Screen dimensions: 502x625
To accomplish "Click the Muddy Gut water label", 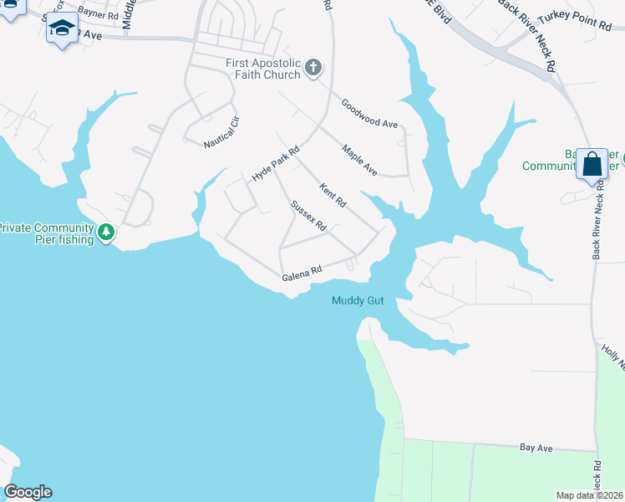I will (x=358, y=301).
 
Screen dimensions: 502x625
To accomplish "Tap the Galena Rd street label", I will (x=302, y=274).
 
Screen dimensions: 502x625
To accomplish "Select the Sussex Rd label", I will (x=307, y=216).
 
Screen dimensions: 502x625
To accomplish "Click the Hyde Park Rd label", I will (x=276, y=165).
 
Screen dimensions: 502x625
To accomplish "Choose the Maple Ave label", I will (x=359, y=161).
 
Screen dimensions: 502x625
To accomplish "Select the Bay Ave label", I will (x=536, y=448).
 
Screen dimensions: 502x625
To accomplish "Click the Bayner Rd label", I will (x=98, y=15).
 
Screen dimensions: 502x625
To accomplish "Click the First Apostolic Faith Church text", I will (x=263, y=69).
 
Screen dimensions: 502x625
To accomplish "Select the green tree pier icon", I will (x=106, y=232).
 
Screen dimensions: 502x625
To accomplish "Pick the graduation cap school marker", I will (x=62, y=29).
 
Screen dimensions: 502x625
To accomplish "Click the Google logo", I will (x=28, y=492).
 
